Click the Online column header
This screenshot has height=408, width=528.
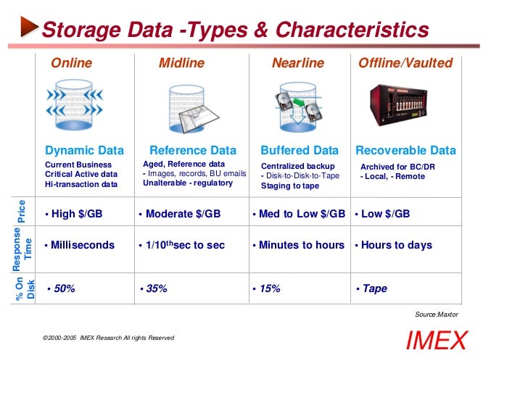(x=71, y=63)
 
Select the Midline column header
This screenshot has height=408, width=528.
(x=181, y=63)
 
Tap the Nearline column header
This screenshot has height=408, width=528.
(x=297, y=63)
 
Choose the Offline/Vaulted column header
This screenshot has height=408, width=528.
(x=405, y=63)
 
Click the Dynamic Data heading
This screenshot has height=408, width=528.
(x=84, y=151)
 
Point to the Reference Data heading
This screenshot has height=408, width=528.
(x=192, y=151)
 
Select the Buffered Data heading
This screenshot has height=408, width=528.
(x=300, y=151)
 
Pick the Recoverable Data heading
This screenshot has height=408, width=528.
(x=405, y=151)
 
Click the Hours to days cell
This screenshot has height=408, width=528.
(x=396, y=245)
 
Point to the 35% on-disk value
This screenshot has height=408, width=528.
(x=156, y=288)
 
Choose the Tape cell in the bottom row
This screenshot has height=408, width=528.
(x=374, y=288)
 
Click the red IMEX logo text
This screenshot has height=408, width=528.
(x=436, y=341)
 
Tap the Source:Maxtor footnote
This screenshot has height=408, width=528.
(x=436, y=314)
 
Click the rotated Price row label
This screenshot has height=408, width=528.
(x=22, y=211)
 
